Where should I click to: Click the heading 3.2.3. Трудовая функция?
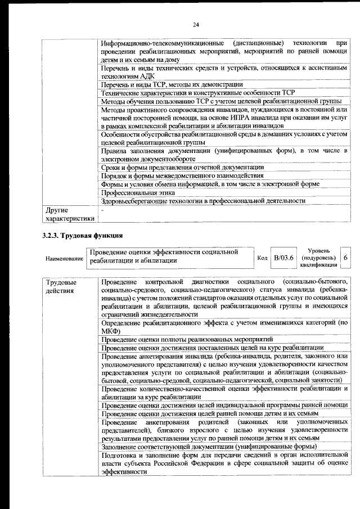[x=82, y=235]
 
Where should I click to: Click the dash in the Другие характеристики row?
[x=102, y=209]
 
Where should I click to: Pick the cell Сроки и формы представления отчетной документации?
[x=182, y=168]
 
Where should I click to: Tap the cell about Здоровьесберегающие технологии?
[x=203, y=201]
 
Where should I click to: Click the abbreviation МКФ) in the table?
[x=111, y=332]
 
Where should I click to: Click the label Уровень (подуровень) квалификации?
[x=318, y=258]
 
